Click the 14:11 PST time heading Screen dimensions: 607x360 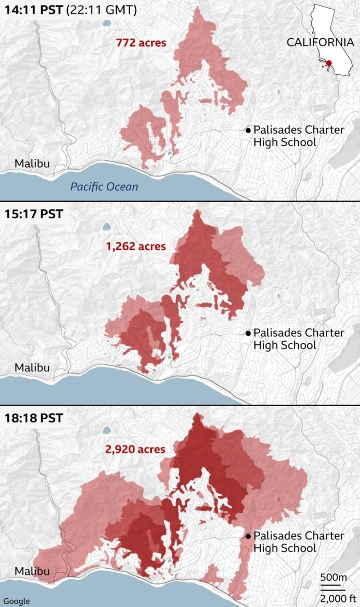tap(34, 10)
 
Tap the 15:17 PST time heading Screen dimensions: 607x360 tap(34, 213)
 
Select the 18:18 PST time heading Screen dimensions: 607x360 tap(34, 417)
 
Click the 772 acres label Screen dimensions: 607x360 tap(141, 43)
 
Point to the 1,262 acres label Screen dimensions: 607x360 tap(135, 246)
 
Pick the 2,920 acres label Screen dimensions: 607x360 tap(135, 449)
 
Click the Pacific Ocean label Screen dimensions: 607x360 tap(104, 186)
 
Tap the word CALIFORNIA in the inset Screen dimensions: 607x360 tap(320, 42)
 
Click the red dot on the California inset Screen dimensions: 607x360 tap(329, 63)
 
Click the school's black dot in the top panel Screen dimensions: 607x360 tap(248, 130)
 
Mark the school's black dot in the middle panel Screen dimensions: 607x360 tap(248, 333)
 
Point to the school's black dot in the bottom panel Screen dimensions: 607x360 tap(248, 536)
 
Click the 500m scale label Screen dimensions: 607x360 tap(333, 578)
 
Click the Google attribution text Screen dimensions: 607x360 tap(17, 601)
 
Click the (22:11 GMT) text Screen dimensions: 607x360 tap(101, 10)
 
